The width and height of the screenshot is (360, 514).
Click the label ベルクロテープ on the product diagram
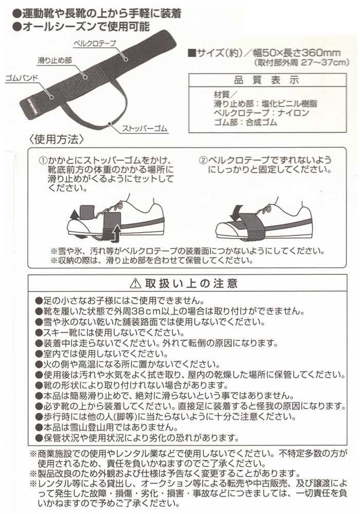pos(95,44)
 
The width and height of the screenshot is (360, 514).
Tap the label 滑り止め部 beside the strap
pos(55,61)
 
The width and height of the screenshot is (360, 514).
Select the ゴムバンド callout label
pos(22,78)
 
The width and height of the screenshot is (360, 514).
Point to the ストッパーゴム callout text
pos(145,128)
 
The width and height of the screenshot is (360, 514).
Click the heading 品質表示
pos(267,80)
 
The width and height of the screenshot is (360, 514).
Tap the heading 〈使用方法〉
pos(57,140)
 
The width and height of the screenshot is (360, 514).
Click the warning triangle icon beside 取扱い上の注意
pos(135,284)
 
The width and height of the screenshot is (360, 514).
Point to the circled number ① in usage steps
pos(43,160)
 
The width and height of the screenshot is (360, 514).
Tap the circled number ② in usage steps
pos(203,160)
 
